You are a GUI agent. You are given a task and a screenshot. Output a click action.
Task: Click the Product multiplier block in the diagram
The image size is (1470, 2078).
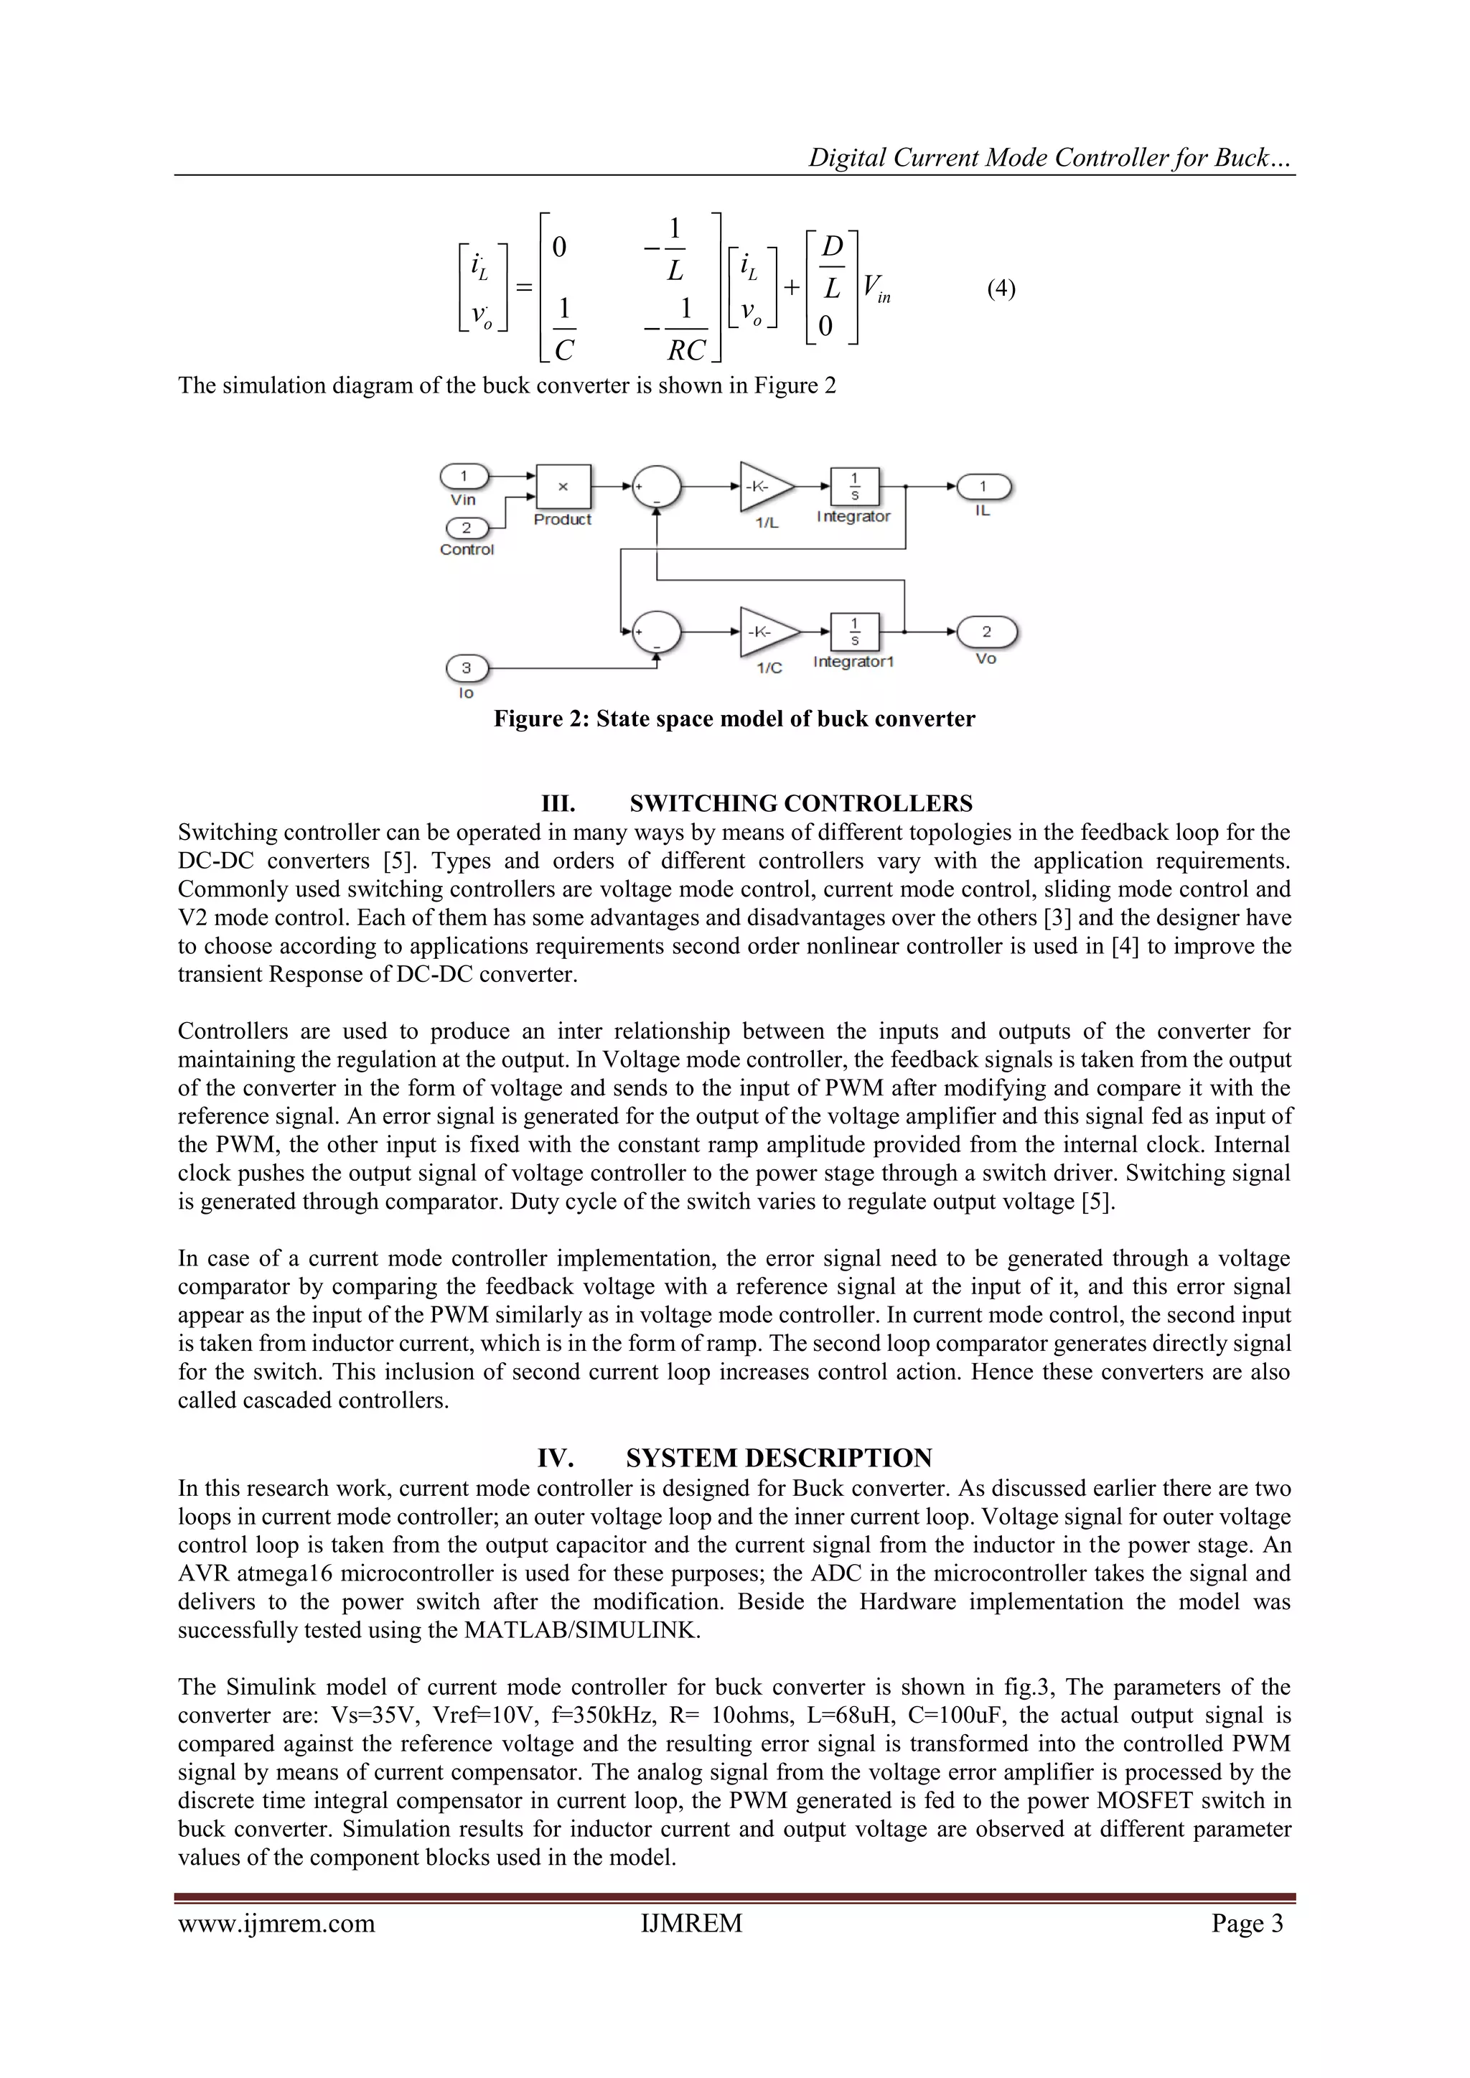click(x=563, y=487)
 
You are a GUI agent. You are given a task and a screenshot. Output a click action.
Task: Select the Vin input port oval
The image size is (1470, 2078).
click(x=464, y=476)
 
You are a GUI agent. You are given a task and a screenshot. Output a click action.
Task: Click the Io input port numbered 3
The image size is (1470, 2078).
click(x=466, y=669)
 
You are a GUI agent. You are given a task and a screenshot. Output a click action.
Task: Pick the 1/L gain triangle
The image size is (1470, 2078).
click(x=765, y=486)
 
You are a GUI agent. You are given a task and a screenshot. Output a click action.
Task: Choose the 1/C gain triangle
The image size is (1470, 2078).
click(x=767, y=631)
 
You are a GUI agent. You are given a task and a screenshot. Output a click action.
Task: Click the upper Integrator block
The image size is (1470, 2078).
click(x=853, y=486)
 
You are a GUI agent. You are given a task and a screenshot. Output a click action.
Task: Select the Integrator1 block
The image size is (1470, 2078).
click(x=853, y=631)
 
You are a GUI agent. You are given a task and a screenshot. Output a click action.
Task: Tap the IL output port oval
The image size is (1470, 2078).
click(x=983, y=487)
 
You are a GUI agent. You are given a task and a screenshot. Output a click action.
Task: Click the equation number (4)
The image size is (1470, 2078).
click(x=1001, y=289)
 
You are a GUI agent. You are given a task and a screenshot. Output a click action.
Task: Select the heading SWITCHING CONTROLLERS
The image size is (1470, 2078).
click(x=800, y=804)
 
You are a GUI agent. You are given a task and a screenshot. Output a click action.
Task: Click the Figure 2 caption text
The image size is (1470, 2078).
click(x=734, y=719)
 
